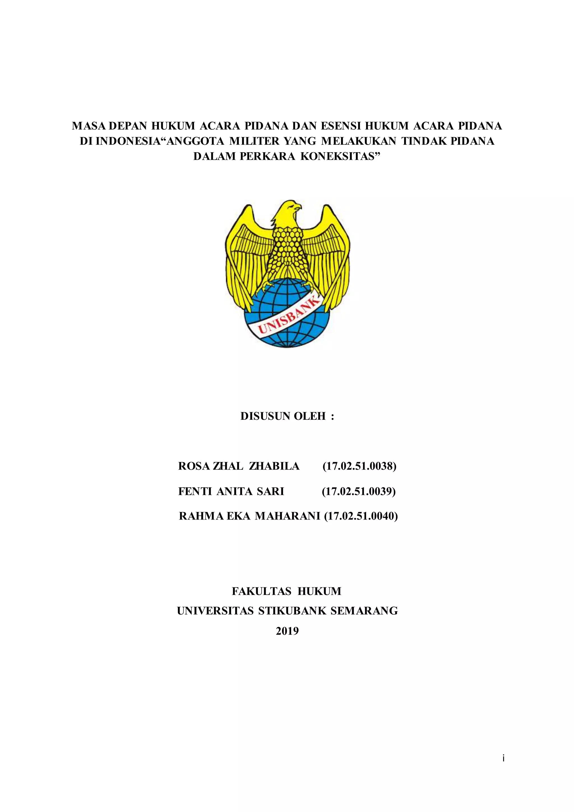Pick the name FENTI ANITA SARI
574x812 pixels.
(x=231, y=491)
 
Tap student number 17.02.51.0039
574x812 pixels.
(x=359, y=491)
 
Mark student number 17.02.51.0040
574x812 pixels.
(x=361, y=516)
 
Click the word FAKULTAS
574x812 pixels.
(x=261, y=591)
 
